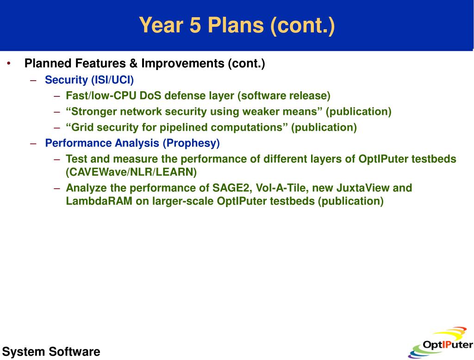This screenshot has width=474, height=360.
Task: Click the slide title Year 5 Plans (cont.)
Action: pyautogui.click(x=237, y=25)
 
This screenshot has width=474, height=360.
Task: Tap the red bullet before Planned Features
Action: pyautogui.click(x=9, y=63)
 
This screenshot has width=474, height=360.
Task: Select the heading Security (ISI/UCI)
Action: pyautogui.click(x=89, y=80)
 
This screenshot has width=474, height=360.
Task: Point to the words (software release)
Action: pyautogui.click(x=284, y=96)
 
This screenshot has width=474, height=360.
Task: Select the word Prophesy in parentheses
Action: pyautogui.click(x=191, y=143)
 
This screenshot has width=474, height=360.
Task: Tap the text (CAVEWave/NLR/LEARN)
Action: pyautogui.click(x=131, y=172)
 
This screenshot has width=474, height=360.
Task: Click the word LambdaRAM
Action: pyautogui.click(x=99, y=201)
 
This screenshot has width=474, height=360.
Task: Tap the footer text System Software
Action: pyautogui.click(x=51, y=352)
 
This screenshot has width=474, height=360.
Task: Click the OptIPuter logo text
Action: pyautogui.click(x=448, y=345)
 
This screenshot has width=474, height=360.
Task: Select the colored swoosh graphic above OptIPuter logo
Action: pyautogui.click(x=449, y=333)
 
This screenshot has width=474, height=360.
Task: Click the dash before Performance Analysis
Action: pyautogui.click(x=33, y=143)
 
